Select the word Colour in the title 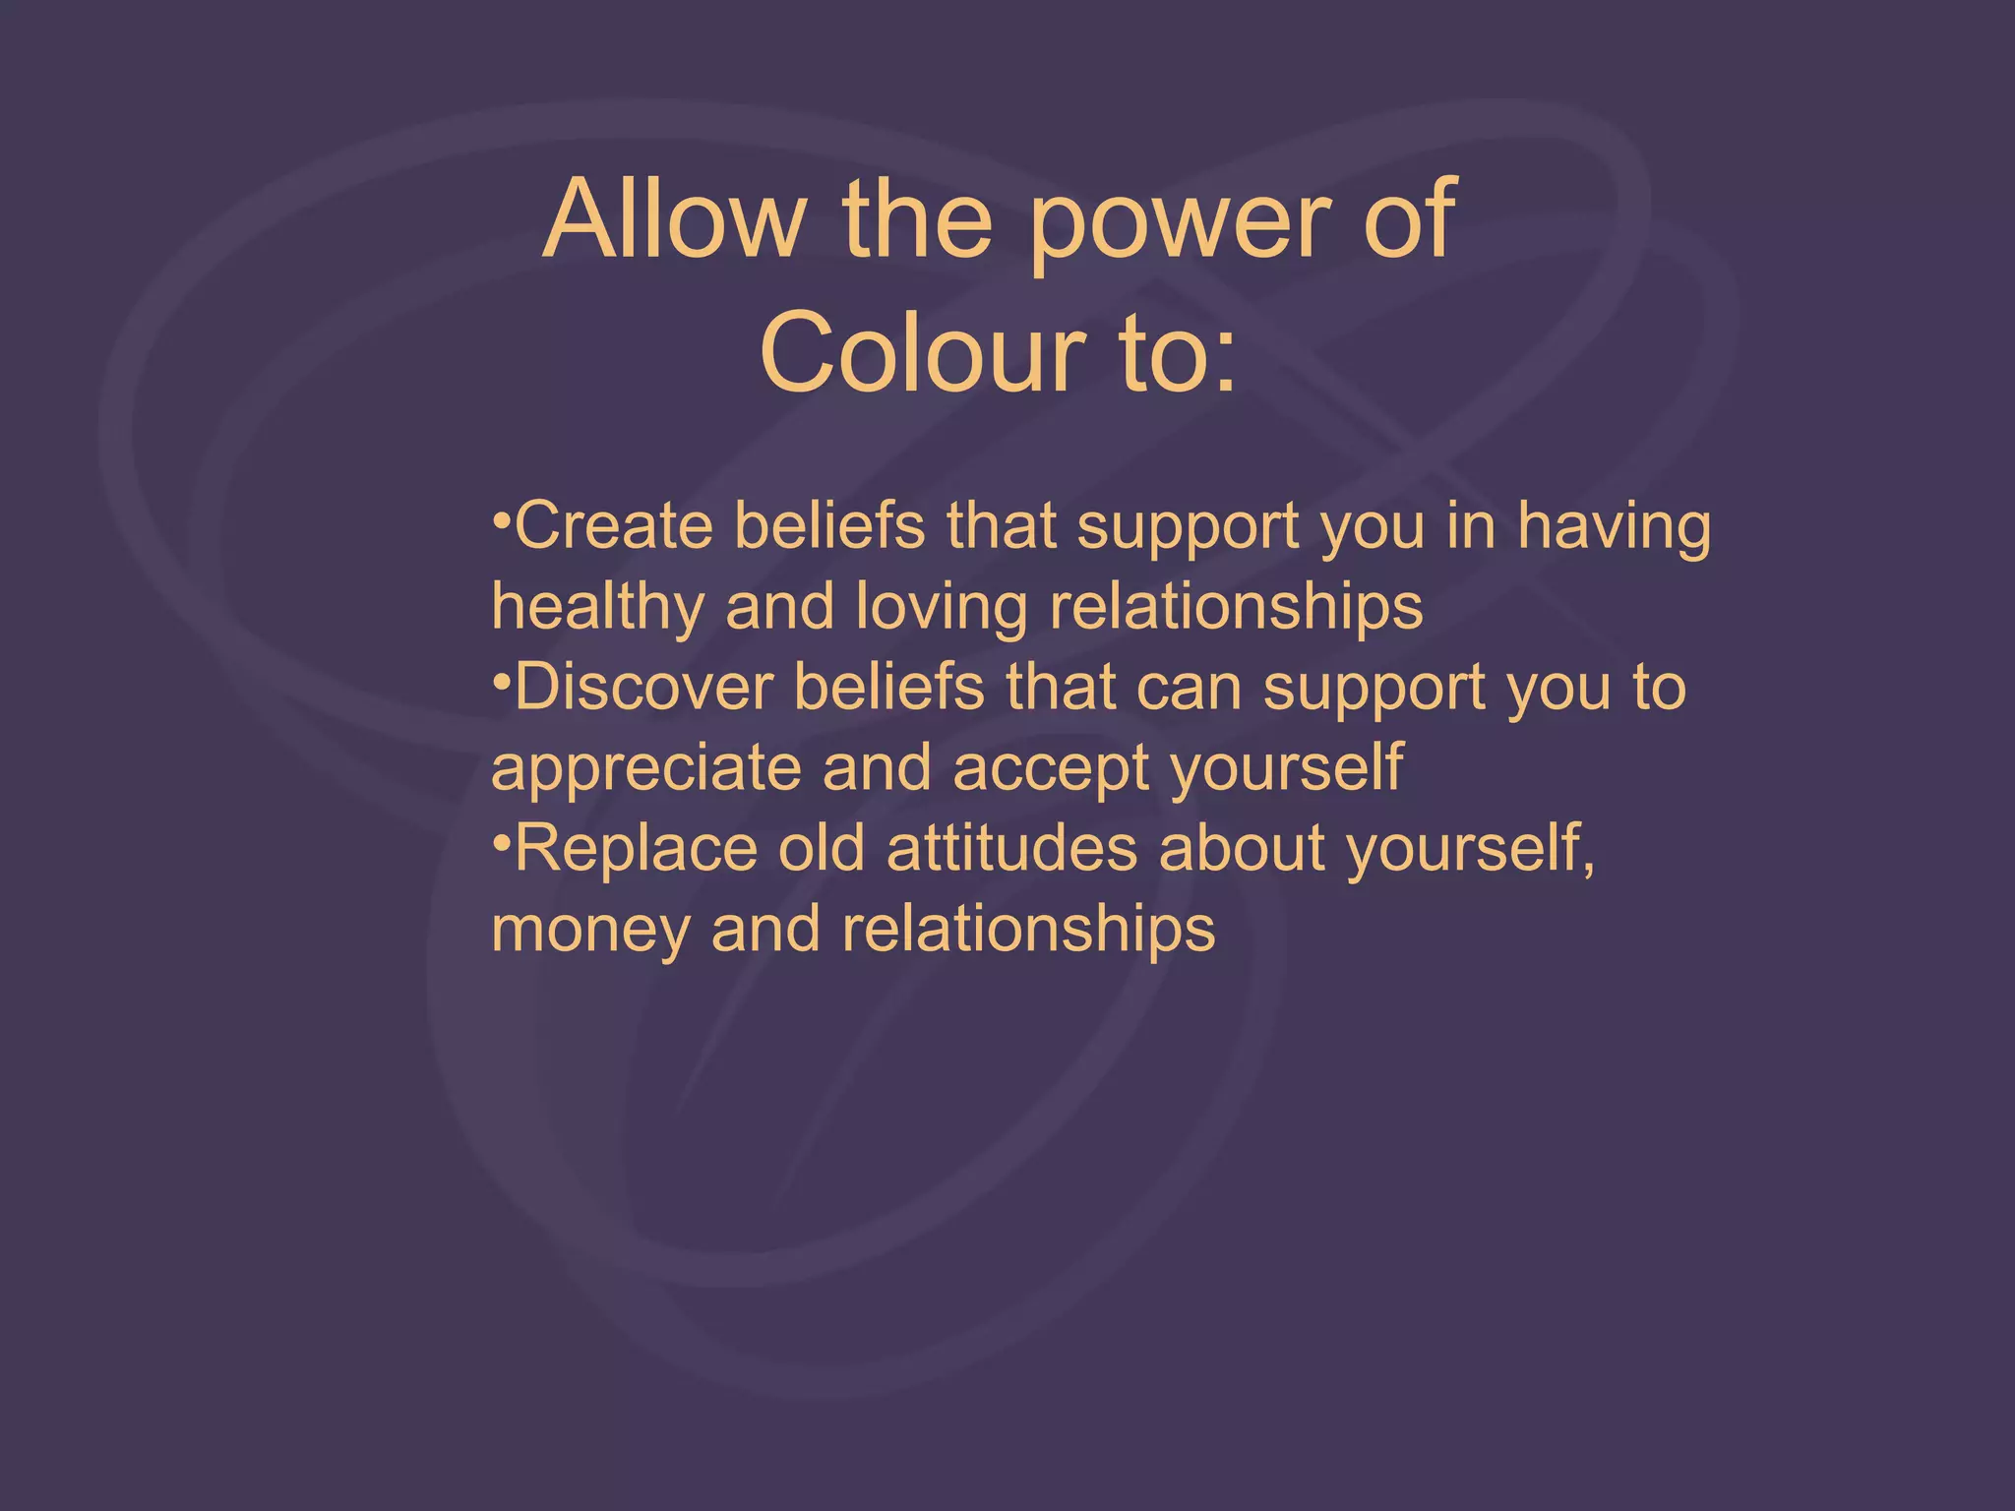tap(922, 353)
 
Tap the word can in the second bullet tap(1189, 689)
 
